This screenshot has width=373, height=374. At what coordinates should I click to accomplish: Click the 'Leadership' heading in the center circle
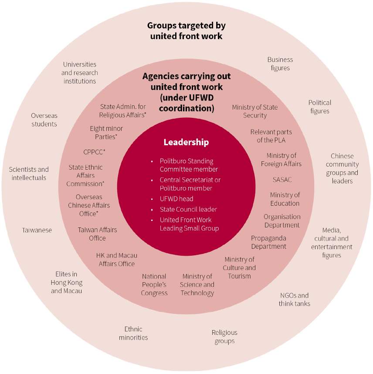click(x=186, y=142)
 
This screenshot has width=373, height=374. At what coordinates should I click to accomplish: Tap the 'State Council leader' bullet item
click(x=188, y=209)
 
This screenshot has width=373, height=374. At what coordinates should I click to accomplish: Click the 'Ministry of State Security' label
click(x=254, y=111)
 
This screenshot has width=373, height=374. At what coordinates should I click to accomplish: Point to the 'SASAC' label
click(x=282, y=180)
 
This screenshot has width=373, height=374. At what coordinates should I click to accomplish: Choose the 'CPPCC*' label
click(x=94, y=152)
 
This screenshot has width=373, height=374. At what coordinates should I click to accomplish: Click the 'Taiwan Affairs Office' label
click(x=98, y=234)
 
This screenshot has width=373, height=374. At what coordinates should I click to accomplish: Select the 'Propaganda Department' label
click(x=268, y=242)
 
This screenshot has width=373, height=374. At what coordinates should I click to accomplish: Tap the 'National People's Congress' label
click(x=154, y=284)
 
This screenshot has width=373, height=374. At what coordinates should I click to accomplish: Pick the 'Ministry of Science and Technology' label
click(x=197, y=284)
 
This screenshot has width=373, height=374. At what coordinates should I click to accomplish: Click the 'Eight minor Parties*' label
click(x=106, y=133)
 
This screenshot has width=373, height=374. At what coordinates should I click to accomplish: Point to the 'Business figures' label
click(x=280, y=64)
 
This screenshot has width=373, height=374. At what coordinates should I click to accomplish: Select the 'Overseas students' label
click(x=44, y=120)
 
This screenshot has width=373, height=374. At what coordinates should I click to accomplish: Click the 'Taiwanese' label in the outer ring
click(x=37, y=230)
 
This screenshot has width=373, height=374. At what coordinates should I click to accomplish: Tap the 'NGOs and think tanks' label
click(x=295, y=299)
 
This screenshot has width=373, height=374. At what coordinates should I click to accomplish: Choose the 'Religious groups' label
click(x=224, y=337)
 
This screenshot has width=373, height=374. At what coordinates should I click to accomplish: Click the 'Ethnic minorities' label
click(x=133, y=333)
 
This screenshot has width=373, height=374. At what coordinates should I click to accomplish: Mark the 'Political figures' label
click(x=320, y=107)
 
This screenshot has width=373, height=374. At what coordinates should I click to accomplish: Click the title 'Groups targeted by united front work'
click(x=186, y=31)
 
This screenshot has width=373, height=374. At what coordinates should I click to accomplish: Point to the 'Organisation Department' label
click(x=282, y=221)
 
